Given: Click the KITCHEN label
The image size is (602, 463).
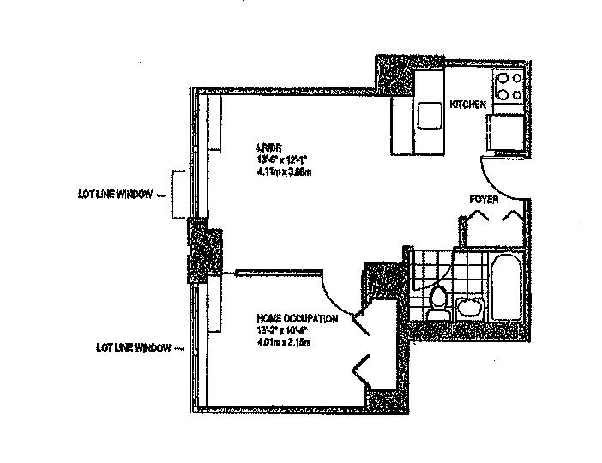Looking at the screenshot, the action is click(x=468, y=105).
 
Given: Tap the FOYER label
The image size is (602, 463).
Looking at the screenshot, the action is click(x=484, y=199).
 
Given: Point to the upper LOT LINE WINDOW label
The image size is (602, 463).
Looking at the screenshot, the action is click(x=114, y=195).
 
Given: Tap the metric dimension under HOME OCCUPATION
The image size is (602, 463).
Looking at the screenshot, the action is click(x=282, y=343).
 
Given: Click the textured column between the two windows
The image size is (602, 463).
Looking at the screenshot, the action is click(x=204, y=252).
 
